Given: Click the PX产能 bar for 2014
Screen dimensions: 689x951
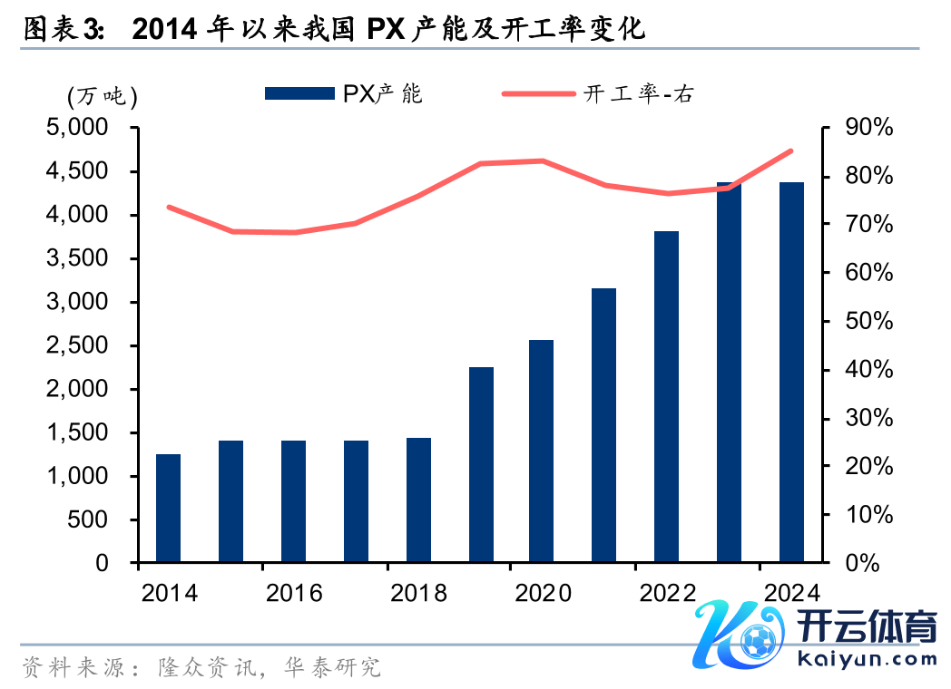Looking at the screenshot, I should (168, 508).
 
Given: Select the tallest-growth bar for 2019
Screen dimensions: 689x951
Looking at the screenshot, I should (481, 464).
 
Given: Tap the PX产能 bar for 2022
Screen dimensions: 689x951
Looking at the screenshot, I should (667, 396).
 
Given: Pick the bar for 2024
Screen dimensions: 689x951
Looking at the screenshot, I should (792, 372).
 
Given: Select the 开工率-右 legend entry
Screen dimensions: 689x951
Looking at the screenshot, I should (599, 93).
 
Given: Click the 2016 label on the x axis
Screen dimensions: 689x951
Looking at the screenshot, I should (294, 593).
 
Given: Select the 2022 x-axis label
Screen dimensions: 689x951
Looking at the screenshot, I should (668, 593).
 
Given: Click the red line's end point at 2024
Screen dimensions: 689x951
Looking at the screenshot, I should (791, 151).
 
